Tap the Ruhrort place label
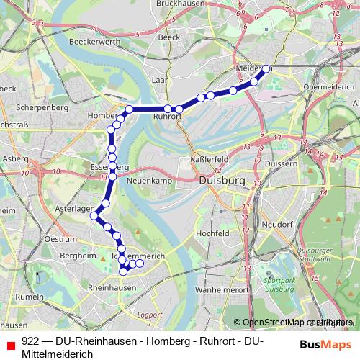[167, 115]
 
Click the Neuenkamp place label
[149, 181]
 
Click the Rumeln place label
[30, 296]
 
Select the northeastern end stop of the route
[266, 68]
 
